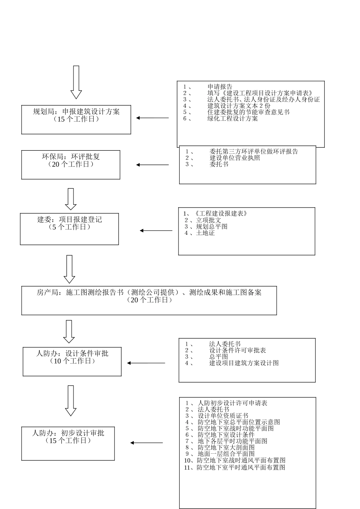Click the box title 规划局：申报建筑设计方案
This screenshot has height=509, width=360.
[x=76, y=112]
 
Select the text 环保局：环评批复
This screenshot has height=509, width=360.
[x=71, y=157]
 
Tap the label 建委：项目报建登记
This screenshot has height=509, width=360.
[x=69, y=220]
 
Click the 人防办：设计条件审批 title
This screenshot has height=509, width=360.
[x=72, y=353]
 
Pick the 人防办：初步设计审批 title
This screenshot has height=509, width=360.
[x=68, y=433]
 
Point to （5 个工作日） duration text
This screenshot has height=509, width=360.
[x=69, y=227]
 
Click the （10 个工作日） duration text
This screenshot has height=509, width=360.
[x=72, y=361]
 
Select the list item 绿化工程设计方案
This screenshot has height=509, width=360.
[x=232, y=119]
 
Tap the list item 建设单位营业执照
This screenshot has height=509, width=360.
[x=235, y=158]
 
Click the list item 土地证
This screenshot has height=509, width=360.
[x=205, y=233]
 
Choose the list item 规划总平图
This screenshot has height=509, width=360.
[x=211, y=226]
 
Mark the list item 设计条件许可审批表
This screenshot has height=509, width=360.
[x=238, y=350]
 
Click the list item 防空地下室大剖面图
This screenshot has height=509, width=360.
[x=226, y=447]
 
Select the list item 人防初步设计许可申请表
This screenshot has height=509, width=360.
[x=232, y=403]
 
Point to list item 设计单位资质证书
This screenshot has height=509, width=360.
[x=223, y=416]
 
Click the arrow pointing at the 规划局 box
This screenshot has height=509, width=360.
[x=152, y=118]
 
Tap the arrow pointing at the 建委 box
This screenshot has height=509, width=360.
[x=156, y=231]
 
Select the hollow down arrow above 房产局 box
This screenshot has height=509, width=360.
[x=69, y=269]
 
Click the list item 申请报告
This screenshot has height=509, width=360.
[x=220, y=87]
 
